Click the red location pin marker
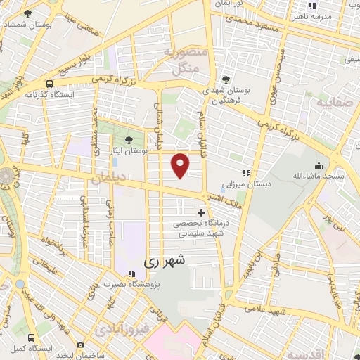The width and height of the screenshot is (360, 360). (x=181, y=165)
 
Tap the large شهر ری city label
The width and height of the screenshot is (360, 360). (x=167, y=260)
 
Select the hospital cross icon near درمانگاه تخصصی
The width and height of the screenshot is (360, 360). (x=202, y=212)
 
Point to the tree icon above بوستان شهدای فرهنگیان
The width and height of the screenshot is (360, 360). (x=226, y=79)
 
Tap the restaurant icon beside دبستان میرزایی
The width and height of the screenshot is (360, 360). (x=246, y=172)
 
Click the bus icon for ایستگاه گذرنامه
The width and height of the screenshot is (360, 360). (x=50, y=82)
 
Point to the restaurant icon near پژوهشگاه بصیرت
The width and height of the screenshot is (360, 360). (x=130, y=274)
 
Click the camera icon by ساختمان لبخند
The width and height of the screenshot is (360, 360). (x=80, y=345)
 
